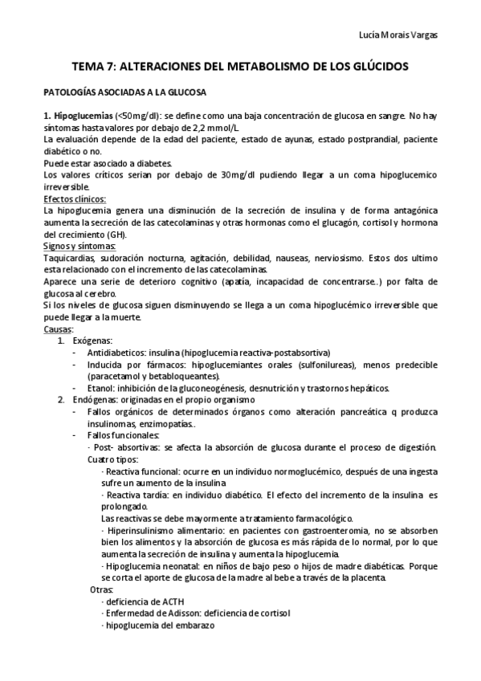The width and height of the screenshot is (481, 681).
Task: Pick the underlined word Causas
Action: coord(58,328)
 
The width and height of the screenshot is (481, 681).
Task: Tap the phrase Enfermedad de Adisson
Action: coord(152,614)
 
